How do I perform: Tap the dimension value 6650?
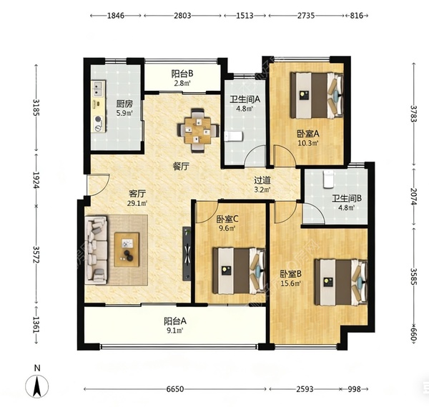click(x=175, y=389)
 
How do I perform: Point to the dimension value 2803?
click(x=182, y=16)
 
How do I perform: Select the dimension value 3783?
click(x=413, y=114)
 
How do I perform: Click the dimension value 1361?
click(x=36, y=325)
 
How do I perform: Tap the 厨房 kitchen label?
click(x=124, y=104)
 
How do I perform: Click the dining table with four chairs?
click(x=198, y=130)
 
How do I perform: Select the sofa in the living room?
click(x=96, y=250)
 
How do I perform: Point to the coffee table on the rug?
click(x=127, y=250)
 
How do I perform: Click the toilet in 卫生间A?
click(x=233, y=137)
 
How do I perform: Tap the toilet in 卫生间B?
click(x=328, y=179)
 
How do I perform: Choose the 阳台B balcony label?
click(x=182, y=74)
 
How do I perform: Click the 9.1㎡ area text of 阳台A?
click(x=175, y=330)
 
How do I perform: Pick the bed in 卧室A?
click(x=317, y=95)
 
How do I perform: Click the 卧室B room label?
click(x=290, y=273)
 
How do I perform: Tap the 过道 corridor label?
click(x=262, y=180)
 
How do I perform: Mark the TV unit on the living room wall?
click(x=187, y=253)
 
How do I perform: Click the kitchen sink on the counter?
click(x=98, y=89)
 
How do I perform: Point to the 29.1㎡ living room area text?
click(x=137, y=203)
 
